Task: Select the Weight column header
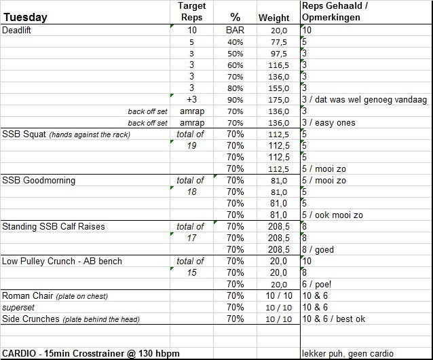pyautogui.click(x=274, y=18)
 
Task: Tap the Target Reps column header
pyautogui.click(x=191, y=12)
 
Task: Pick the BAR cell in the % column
pyautogui.click(x=235, y=31)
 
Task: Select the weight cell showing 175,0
pyautogui.click(x=277, y=100)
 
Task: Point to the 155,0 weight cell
pyautogui.click(x=277, y=88)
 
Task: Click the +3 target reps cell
pyautogui.click(x=191, y=100)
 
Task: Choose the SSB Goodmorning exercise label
pyautogui.click(x=39, y=181)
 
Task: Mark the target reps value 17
pyautogui.click(x=191, y=238)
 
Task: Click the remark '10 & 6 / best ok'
pyautogui.click(x=335, y=319)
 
